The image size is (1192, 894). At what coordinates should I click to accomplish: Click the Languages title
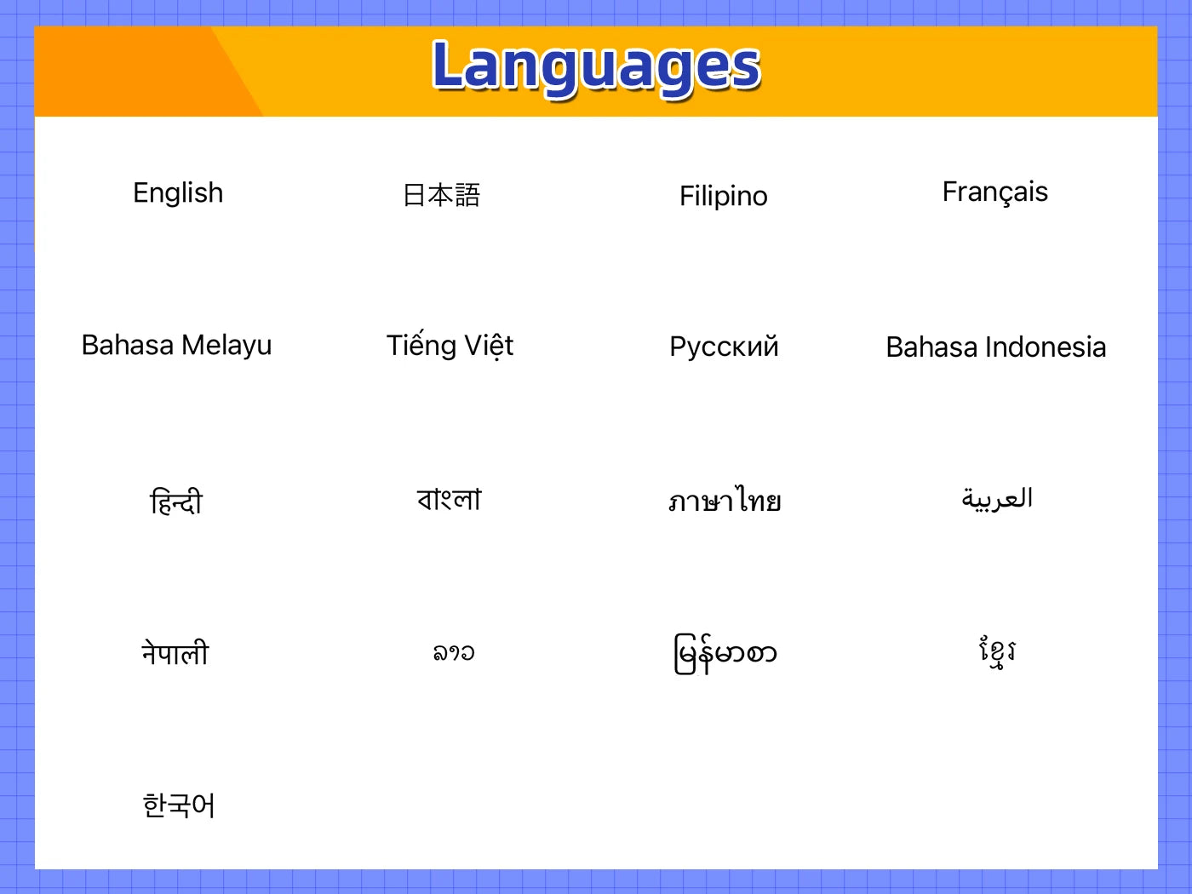coord(596,68)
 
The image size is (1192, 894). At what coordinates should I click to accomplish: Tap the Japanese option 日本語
coord(442,195)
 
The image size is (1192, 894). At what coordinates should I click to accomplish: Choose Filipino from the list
coord(724,197)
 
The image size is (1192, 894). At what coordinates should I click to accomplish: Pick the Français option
coord(994,192)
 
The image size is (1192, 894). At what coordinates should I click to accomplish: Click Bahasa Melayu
coord(176,346)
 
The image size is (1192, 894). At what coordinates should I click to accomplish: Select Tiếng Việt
coord(450,345)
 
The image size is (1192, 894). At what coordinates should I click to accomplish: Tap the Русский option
coord(724,347)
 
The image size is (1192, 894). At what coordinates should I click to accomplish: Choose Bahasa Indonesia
coord(996,347)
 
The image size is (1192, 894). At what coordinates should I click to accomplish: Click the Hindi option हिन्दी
coord(176,501)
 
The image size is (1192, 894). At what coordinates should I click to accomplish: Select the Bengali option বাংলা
coord(449,499)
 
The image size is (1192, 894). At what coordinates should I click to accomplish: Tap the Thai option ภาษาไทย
coord(725,500)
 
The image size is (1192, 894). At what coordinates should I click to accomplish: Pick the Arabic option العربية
coord(997,499)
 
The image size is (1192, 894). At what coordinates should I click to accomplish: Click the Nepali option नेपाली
coord(175,652)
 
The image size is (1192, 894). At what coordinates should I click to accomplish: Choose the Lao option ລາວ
coord(454,652)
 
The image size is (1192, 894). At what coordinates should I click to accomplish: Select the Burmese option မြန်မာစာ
coord(725,654)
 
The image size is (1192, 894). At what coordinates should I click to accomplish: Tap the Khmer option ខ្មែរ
coord(997,652)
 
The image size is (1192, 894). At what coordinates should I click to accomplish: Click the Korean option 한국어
coord(179,805)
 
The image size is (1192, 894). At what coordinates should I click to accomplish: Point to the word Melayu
coord(226,346)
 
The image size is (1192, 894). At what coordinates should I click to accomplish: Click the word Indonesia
coord(1046,347)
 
